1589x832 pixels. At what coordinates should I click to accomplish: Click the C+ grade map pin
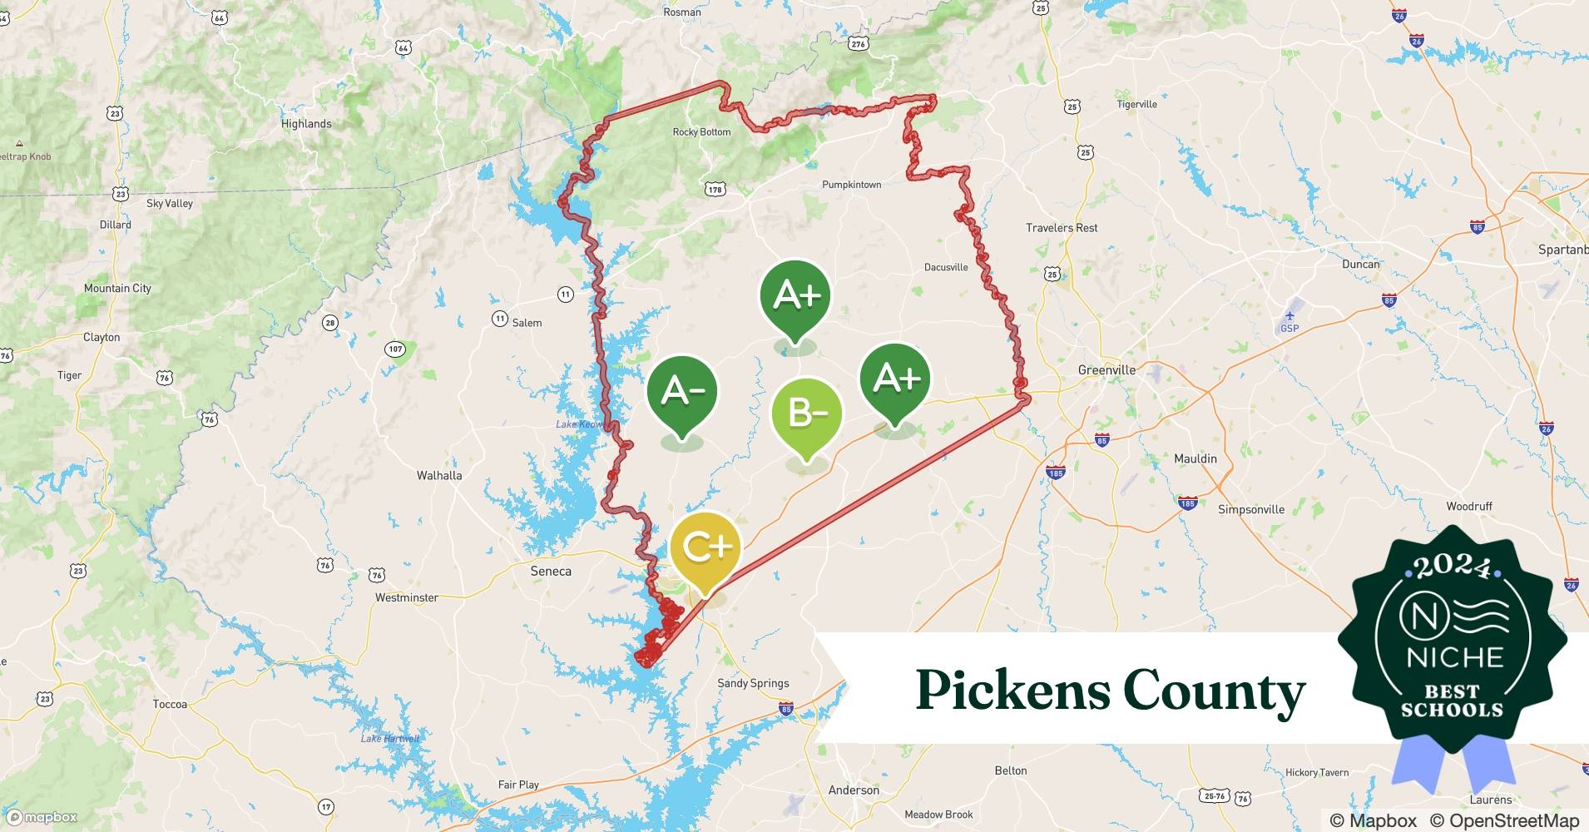click(705, 548)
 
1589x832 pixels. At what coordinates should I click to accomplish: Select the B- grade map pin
click(806, 414)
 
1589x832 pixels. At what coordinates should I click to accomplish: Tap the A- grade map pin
click(682, 391)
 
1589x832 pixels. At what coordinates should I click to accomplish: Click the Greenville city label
click(1106, 369)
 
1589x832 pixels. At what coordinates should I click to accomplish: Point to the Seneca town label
click(551, 572)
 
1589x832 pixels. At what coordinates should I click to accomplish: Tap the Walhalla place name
click(439, 476)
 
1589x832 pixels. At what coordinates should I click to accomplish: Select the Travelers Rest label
click(1062, 228)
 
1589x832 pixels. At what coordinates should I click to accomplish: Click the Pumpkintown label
click(851, 185)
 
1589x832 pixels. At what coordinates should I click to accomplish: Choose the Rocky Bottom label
click(701, 132)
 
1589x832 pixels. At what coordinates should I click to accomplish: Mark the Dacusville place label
click(946, 267)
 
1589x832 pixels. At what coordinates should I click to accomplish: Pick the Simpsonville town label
click(1251, 509)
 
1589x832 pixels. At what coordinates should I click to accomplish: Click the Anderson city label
click(854, 790)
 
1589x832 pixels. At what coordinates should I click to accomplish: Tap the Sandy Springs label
click(753, 683)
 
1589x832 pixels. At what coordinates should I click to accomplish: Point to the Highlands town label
click(306, 124)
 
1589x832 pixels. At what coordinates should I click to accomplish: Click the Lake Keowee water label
click(580, 424)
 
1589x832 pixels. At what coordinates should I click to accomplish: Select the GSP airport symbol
click(1290, 316)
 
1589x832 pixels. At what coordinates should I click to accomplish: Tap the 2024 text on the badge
click(1453, 567)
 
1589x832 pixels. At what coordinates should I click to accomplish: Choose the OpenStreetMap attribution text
click(1504, 820)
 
